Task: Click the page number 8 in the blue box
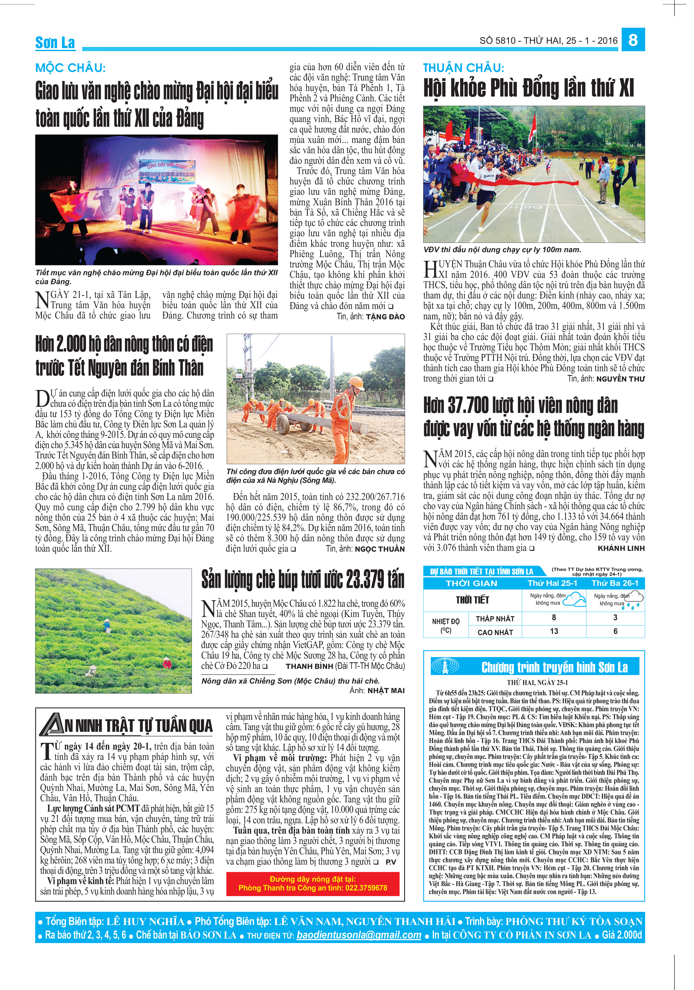click(633, 40)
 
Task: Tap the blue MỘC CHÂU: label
click(70, 68)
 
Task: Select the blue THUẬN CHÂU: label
click(463, 68)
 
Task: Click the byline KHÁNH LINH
click(621, 548)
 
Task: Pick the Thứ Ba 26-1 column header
click(615, 583)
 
